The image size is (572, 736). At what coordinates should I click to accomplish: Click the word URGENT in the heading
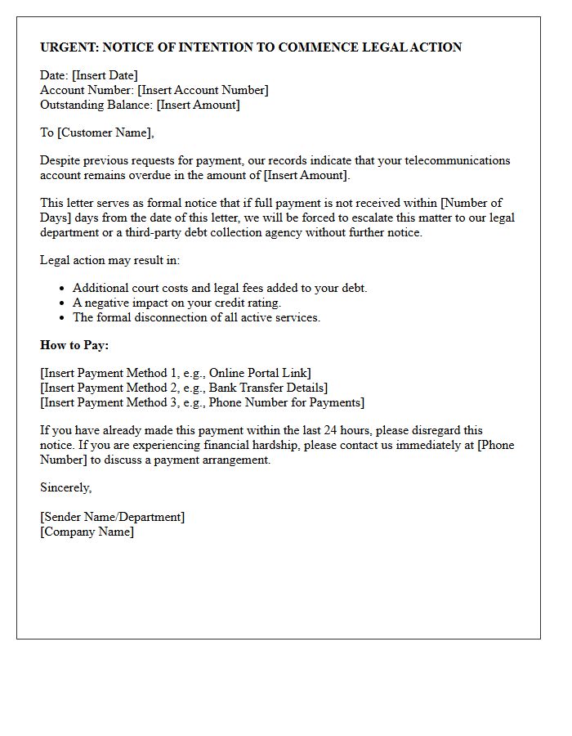click(69, 47)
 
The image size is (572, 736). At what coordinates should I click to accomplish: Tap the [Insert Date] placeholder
click(105, 76)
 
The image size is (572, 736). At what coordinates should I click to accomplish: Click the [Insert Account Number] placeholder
click(203, 91)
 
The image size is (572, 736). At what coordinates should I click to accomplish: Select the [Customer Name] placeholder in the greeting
click(105, 132)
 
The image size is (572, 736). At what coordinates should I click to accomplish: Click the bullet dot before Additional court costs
click(62, 289)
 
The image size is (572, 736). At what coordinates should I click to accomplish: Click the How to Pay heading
click(74, 345)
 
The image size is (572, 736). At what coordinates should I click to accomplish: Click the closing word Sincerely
click(66, 488)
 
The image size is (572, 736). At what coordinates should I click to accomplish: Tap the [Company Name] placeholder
click(87, 532)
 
